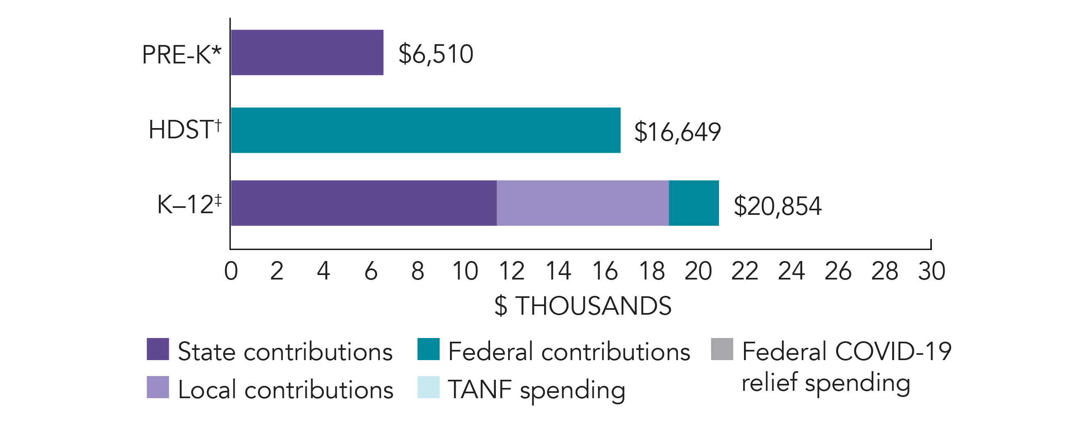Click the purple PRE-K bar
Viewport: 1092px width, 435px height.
click(x=307, y=52)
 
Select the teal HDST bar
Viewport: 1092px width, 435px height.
click(x=425, y=130)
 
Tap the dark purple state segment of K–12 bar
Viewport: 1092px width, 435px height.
click(x=363, y=203)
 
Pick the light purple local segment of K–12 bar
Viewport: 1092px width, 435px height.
click(x=583, y=203)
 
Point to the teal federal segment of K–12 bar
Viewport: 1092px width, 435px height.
click(x=694, y=203)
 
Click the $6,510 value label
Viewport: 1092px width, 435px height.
click(x=435, y=54)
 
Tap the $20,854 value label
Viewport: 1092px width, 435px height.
click(x=778, y=206)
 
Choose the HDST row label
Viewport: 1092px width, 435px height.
click(x=185, y=129)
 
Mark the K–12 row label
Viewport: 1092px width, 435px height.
click(x=189, y=204)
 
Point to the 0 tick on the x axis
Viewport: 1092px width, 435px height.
click(x=231, y=271)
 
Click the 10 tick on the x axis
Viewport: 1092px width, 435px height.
click(x=465, y=271)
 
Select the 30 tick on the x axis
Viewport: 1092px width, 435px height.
click(x=931, y=271)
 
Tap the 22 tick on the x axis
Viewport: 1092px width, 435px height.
click(x=744, y=271)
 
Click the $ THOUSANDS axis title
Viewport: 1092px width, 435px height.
click(x=583, y=306)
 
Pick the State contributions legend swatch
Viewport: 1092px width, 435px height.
click(x=158, y=349)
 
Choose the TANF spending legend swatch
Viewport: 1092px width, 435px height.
click(x=428, y=387)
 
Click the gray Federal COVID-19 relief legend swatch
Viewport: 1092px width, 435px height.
click(x=722, y=349)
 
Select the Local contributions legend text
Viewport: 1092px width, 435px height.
click(x=285, y=390)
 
